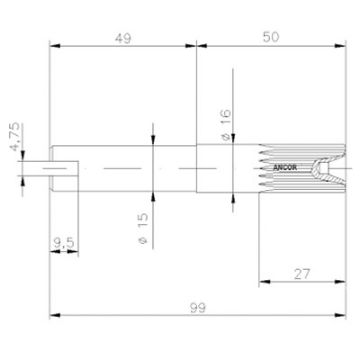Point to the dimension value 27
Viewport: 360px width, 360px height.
click(304, 271)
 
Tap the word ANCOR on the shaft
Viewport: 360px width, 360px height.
click(281, 157)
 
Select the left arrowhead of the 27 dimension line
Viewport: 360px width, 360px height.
click(261, 281)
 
